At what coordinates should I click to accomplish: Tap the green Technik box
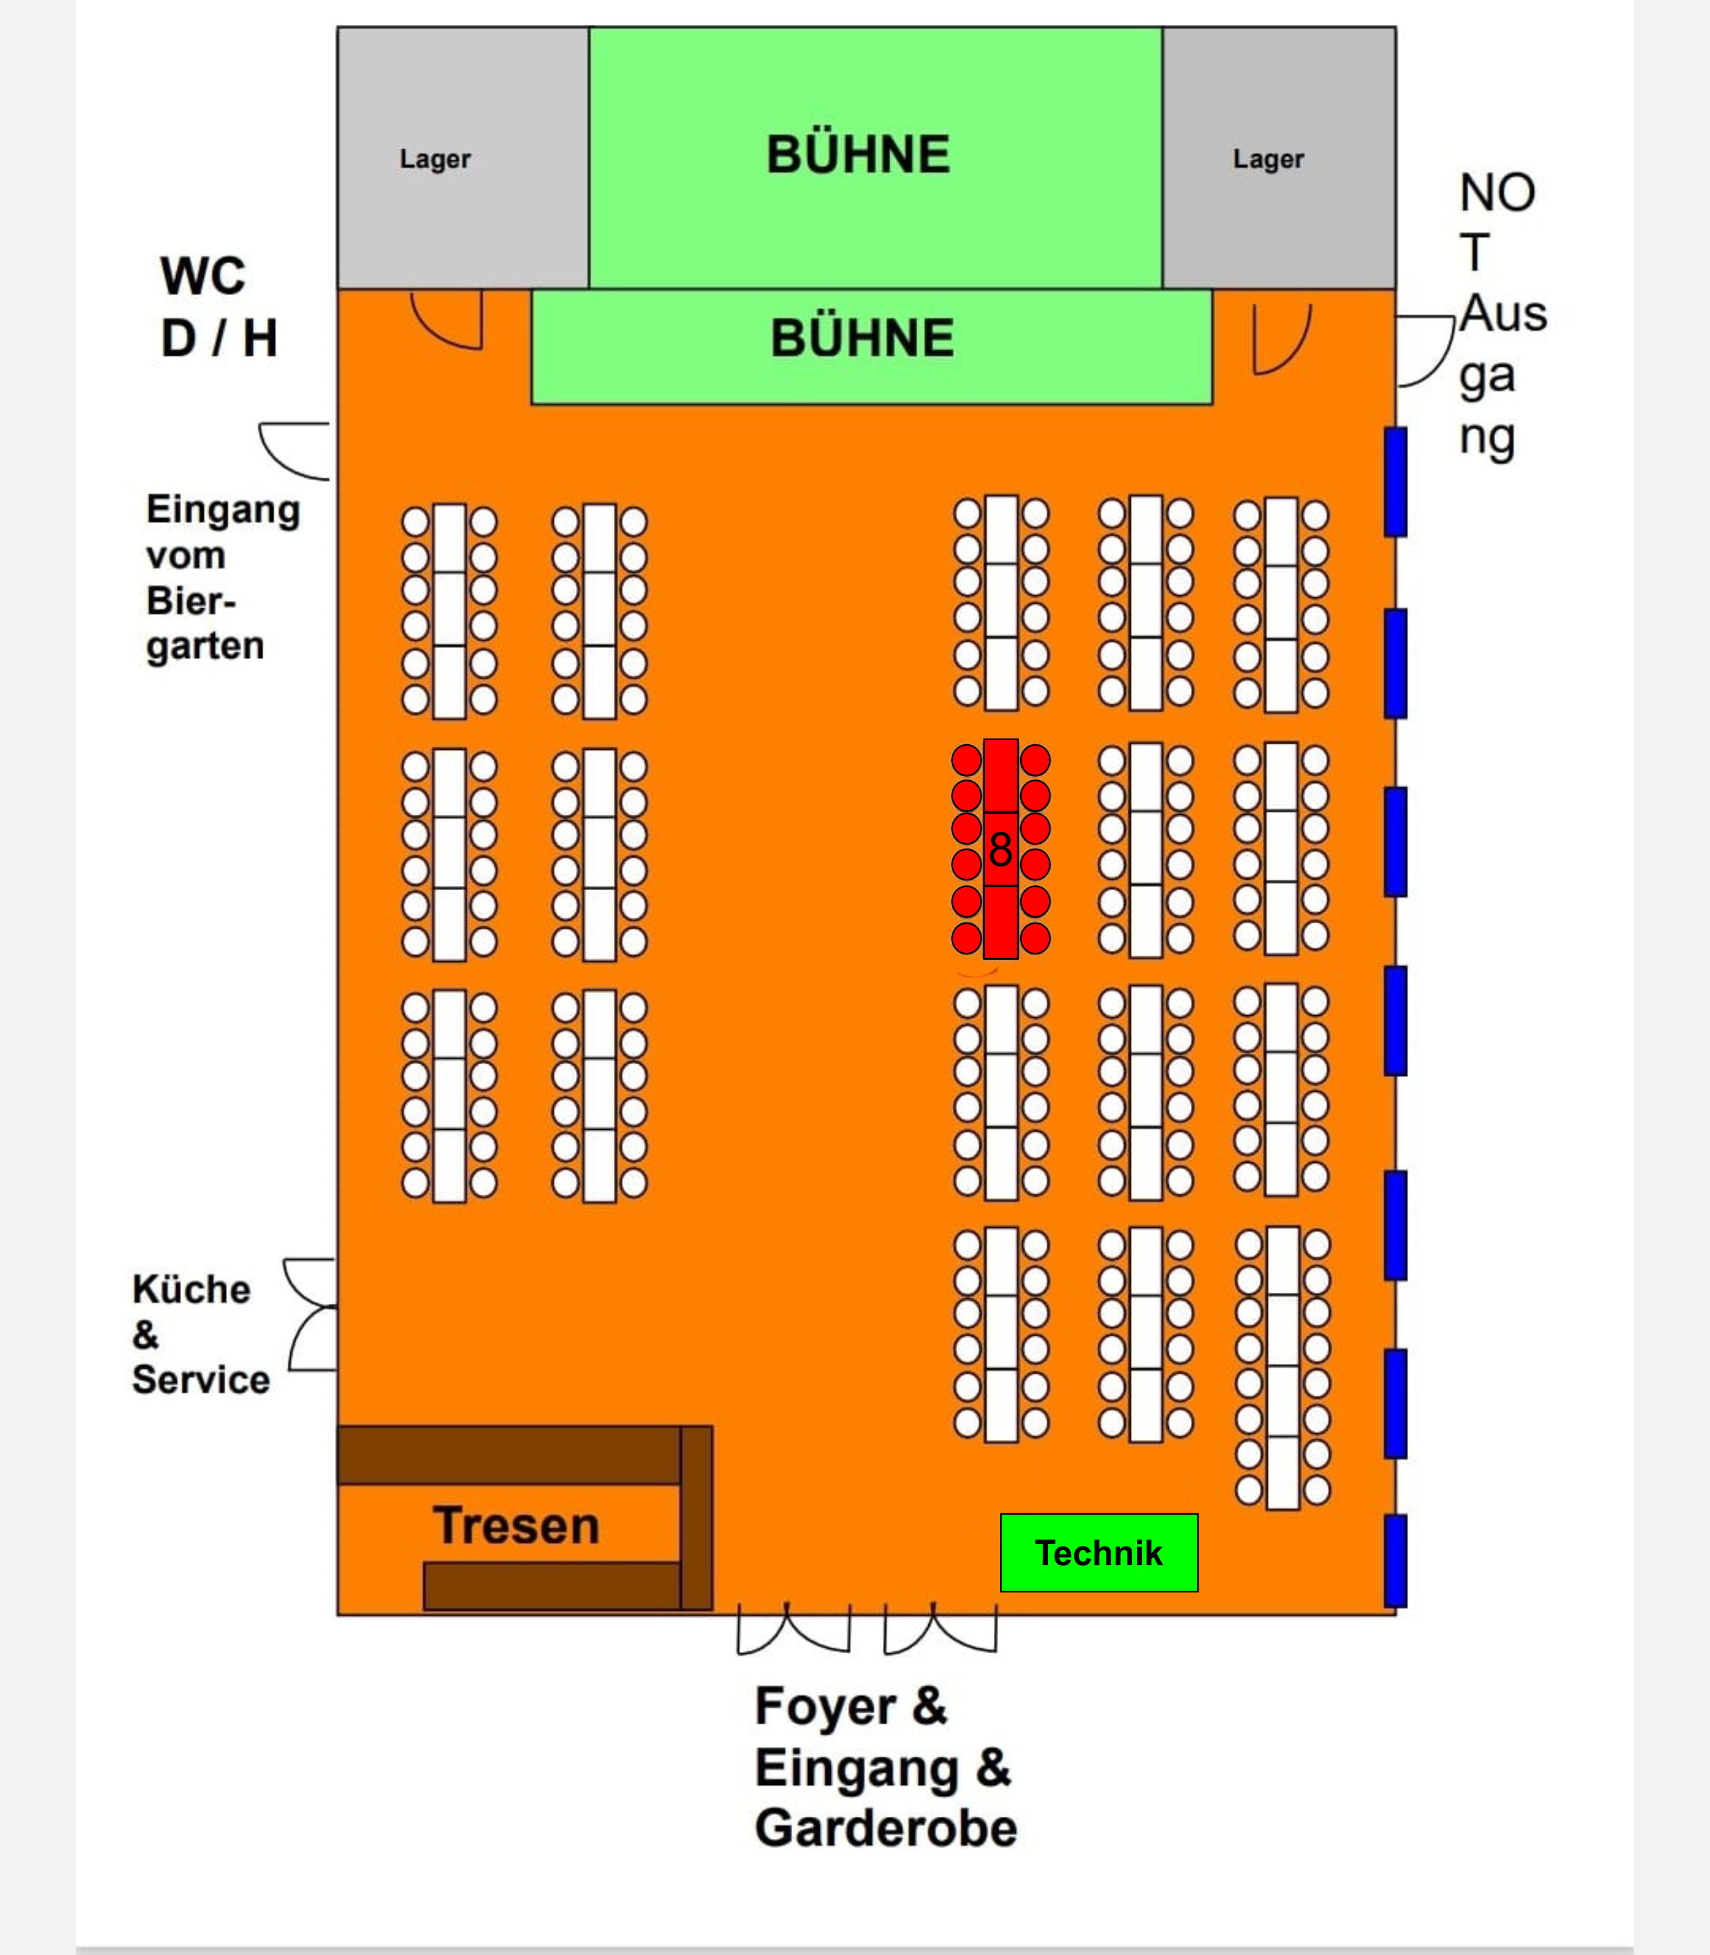1098,1552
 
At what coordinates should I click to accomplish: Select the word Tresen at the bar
516,1524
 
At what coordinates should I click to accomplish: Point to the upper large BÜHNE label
859,155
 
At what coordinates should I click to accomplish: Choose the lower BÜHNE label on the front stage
863,338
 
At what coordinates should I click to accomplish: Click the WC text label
203,276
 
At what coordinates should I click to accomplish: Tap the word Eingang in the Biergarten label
223,509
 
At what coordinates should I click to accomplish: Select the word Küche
191,1289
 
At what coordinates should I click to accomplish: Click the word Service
200,1379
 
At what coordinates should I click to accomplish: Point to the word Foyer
825,1707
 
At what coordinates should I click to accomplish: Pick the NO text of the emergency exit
1497,193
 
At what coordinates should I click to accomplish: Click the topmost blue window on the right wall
1395,481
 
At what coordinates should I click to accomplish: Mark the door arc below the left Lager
449,321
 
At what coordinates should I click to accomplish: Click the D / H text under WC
220,339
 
